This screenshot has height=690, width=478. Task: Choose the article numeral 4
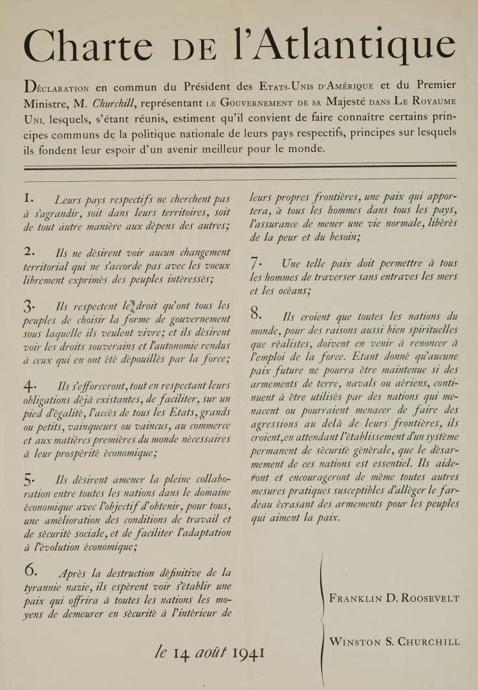[29, 385]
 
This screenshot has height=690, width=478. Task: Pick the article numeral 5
[29, 480]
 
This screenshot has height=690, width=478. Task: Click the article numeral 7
[255, 263]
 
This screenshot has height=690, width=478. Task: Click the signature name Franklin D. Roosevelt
[394, 598]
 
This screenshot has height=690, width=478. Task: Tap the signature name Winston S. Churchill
[395, 642]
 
